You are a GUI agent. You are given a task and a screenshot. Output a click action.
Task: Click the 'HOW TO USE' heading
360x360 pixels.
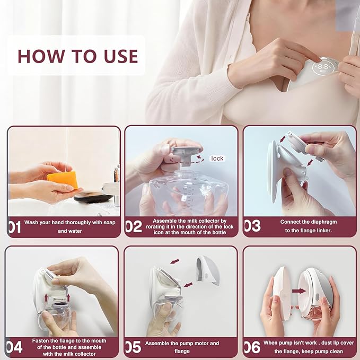(x=77, y=56)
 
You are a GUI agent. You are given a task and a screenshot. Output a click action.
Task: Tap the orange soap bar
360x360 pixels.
(x=62, y=180)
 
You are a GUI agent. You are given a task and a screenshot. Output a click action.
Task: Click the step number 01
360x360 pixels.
(x=14, y=227)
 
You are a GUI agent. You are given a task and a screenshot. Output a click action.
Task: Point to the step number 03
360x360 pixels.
(x=252, y=226)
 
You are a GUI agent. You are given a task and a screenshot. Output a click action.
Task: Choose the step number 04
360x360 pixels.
(x=14, y=347)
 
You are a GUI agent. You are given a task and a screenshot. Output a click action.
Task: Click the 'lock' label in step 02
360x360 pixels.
(x=217, y=158)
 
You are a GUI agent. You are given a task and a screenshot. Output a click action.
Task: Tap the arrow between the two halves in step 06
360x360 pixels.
(x=298, y=291)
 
